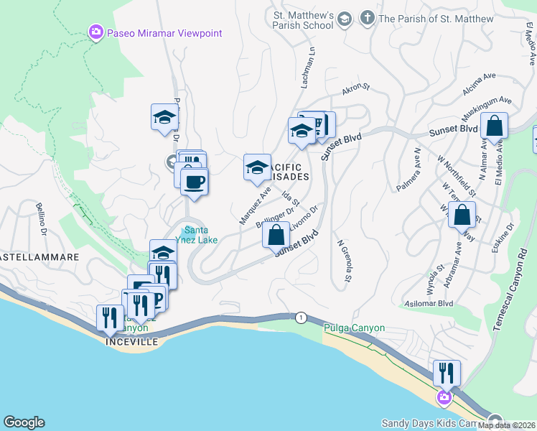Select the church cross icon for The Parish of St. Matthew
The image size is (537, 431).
pos(367,18)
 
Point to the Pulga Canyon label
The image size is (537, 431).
pos(353,328)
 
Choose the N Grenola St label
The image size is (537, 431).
pos(344,261)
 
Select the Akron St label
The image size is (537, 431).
pos(355,88)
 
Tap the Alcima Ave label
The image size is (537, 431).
pos(480,76)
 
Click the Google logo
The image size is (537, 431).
pos(24,423)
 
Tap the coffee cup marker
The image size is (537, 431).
pos(194,181)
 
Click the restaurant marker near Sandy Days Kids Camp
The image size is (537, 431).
pos(447,373)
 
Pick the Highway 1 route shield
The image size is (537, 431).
pos(300,317)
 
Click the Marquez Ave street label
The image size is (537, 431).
pos(256,205)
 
